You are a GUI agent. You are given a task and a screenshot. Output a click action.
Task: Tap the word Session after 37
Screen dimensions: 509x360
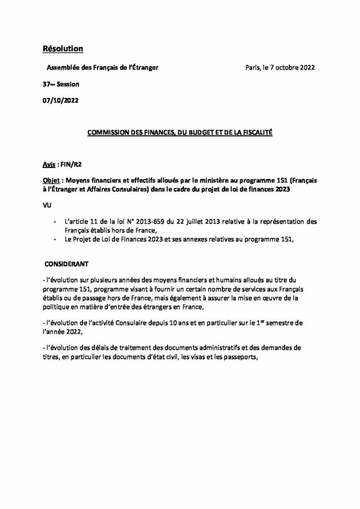click(68, 84)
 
